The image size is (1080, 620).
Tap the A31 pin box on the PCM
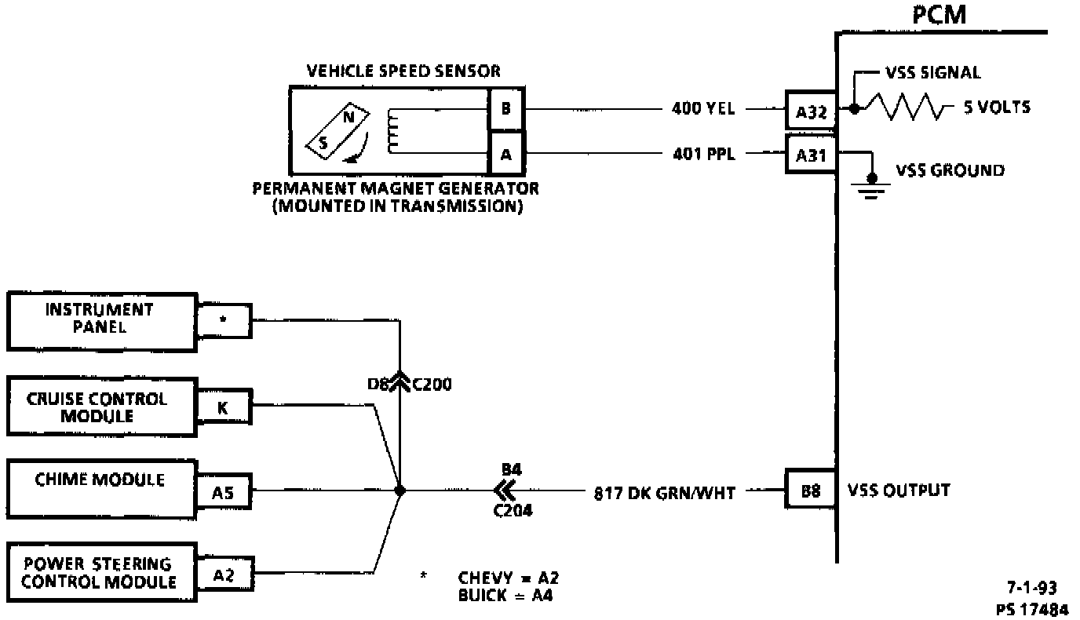812,154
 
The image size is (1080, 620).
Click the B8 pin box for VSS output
812,491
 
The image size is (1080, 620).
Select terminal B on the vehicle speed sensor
505,109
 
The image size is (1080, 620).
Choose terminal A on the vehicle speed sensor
505,154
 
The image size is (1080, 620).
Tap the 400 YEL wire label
703,109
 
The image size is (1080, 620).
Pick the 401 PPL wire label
703,154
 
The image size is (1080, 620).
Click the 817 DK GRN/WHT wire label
664,493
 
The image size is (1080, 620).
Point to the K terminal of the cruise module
223,407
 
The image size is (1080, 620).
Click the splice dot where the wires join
400,491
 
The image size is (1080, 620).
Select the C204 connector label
513,511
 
